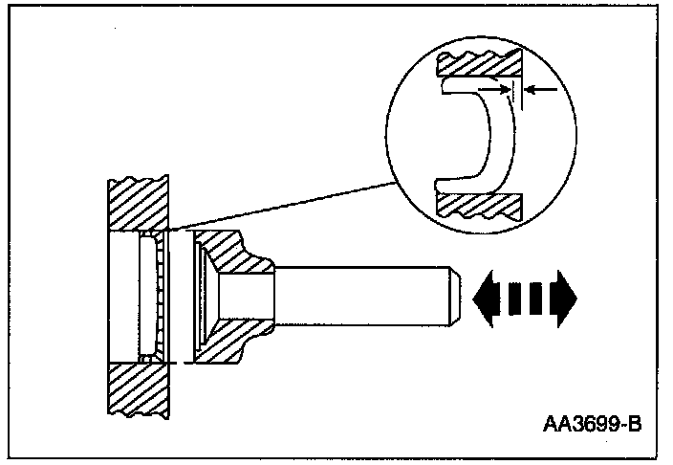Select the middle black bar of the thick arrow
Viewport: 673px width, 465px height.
[525, 298]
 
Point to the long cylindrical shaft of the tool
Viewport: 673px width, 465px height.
[363, 298]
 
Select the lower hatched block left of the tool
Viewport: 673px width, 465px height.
[140, 392]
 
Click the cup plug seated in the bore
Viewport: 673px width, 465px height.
[151, 297]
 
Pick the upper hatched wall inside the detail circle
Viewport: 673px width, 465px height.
[478, 66]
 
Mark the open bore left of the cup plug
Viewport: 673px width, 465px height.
[124, 297]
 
